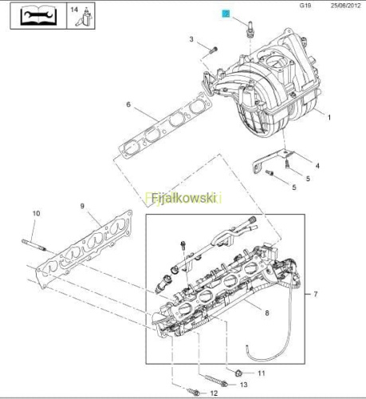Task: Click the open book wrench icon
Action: tap(38, 16)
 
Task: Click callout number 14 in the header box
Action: tap(74, 10)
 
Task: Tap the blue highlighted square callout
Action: tap(226, 14)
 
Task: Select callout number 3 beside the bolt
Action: tap(191, 39)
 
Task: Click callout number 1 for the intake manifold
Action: tap(329, 117)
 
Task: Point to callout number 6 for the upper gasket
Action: tap(128, 105)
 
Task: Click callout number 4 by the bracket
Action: tap(317, 166)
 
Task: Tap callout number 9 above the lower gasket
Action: tap(82, 206)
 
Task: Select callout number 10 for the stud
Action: tap(37, 213)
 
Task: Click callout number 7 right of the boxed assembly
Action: tap(316, 294)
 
